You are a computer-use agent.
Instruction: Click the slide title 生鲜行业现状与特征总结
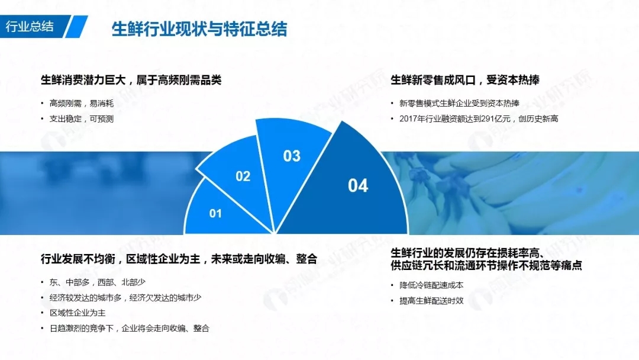pyautogui.click(x=199, y=29)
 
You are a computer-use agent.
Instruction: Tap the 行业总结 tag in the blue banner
pyautogui.click(x=30, y=27)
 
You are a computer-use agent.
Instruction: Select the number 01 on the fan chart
pyautogui.click(x=215, y=213)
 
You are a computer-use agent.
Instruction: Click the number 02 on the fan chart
pyautogui.click(x=243, y=176)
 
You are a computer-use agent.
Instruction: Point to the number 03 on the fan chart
pyautogui.click(x=292, y=156)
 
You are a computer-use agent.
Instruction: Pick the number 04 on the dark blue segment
pyautogui.click(x=358, y=185)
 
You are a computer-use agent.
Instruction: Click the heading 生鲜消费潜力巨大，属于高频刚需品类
pyautogui.click(x=131, y=80)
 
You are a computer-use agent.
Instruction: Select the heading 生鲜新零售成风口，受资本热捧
pyautogui.click(x=465, y=80)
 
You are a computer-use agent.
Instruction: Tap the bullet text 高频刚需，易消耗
pyautogui.click(x=82, y=104)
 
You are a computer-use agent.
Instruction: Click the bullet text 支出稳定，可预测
pyautogui.click(x=82, y=119)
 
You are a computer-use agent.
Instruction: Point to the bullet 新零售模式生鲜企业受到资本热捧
pyautogui.click(x=459, y=104)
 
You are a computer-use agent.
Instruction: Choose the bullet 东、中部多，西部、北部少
pyautogui.click(x=98, y=282)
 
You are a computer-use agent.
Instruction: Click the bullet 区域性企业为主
pyautogui.click(x=78, y=313)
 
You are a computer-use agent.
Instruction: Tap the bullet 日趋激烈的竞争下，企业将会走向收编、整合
pyautogui.click(x=129, y=328)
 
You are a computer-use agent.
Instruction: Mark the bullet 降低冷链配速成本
pyautogui.click(x=431, y=285)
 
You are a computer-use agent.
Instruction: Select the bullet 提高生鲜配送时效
pyautogui.click(x=431, y=301)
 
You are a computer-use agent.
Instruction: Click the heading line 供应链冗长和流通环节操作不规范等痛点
pyautogui.click(x=486, y=265)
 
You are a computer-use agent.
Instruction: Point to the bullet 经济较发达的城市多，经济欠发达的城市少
pyautogui.click(x=125, y=298)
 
